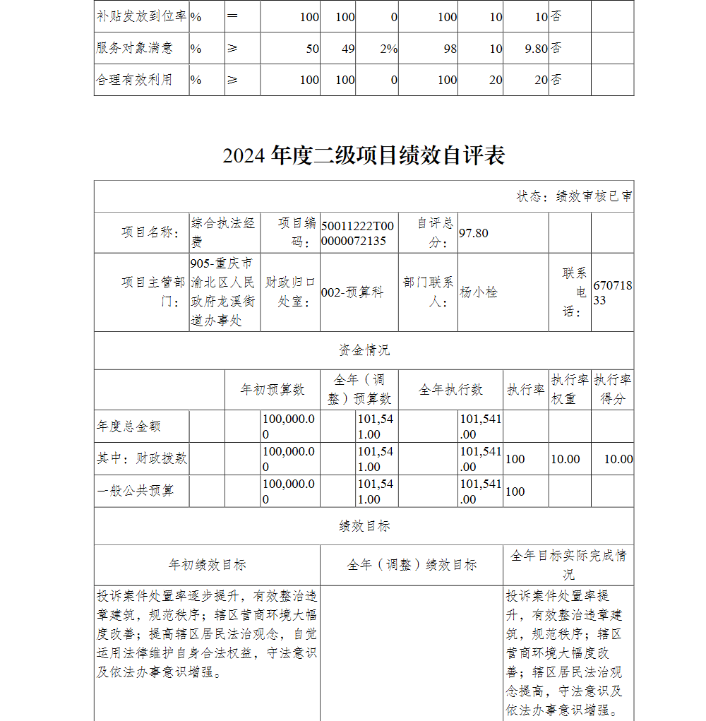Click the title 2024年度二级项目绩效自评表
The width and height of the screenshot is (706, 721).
click(x=364, y=155)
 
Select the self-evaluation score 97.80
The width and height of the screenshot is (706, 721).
click(x=474, y=233)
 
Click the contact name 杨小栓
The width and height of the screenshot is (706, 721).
click(x=479, y=292)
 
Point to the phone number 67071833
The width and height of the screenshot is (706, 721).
click(x=612, y=292)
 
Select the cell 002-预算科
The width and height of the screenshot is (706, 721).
click(x=352, y=292)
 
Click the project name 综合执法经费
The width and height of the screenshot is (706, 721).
click(x=223, y=232)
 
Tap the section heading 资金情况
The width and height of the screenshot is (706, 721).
click(x=364, y=350)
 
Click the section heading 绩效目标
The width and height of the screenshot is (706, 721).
click(x=364, y=526)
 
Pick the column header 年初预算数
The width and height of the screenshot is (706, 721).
click(x=273, y=389)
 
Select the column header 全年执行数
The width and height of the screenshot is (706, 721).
click(x=450, y=389)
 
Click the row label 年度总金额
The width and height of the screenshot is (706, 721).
click(x=128, y=427)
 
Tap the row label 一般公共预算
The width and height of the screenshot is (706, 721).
click(x=135, y=491)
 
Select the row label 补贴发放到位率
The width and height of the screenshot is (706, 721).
click(x=141, y=16)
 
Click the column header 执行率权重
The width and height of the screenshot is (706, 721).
click(x=570, y=389)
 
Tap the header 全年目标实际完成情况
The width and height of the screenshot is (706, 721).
click(x=568, y=564)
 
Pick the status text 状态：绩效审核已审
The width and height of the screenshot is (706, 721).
click(x=574, y=196)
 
